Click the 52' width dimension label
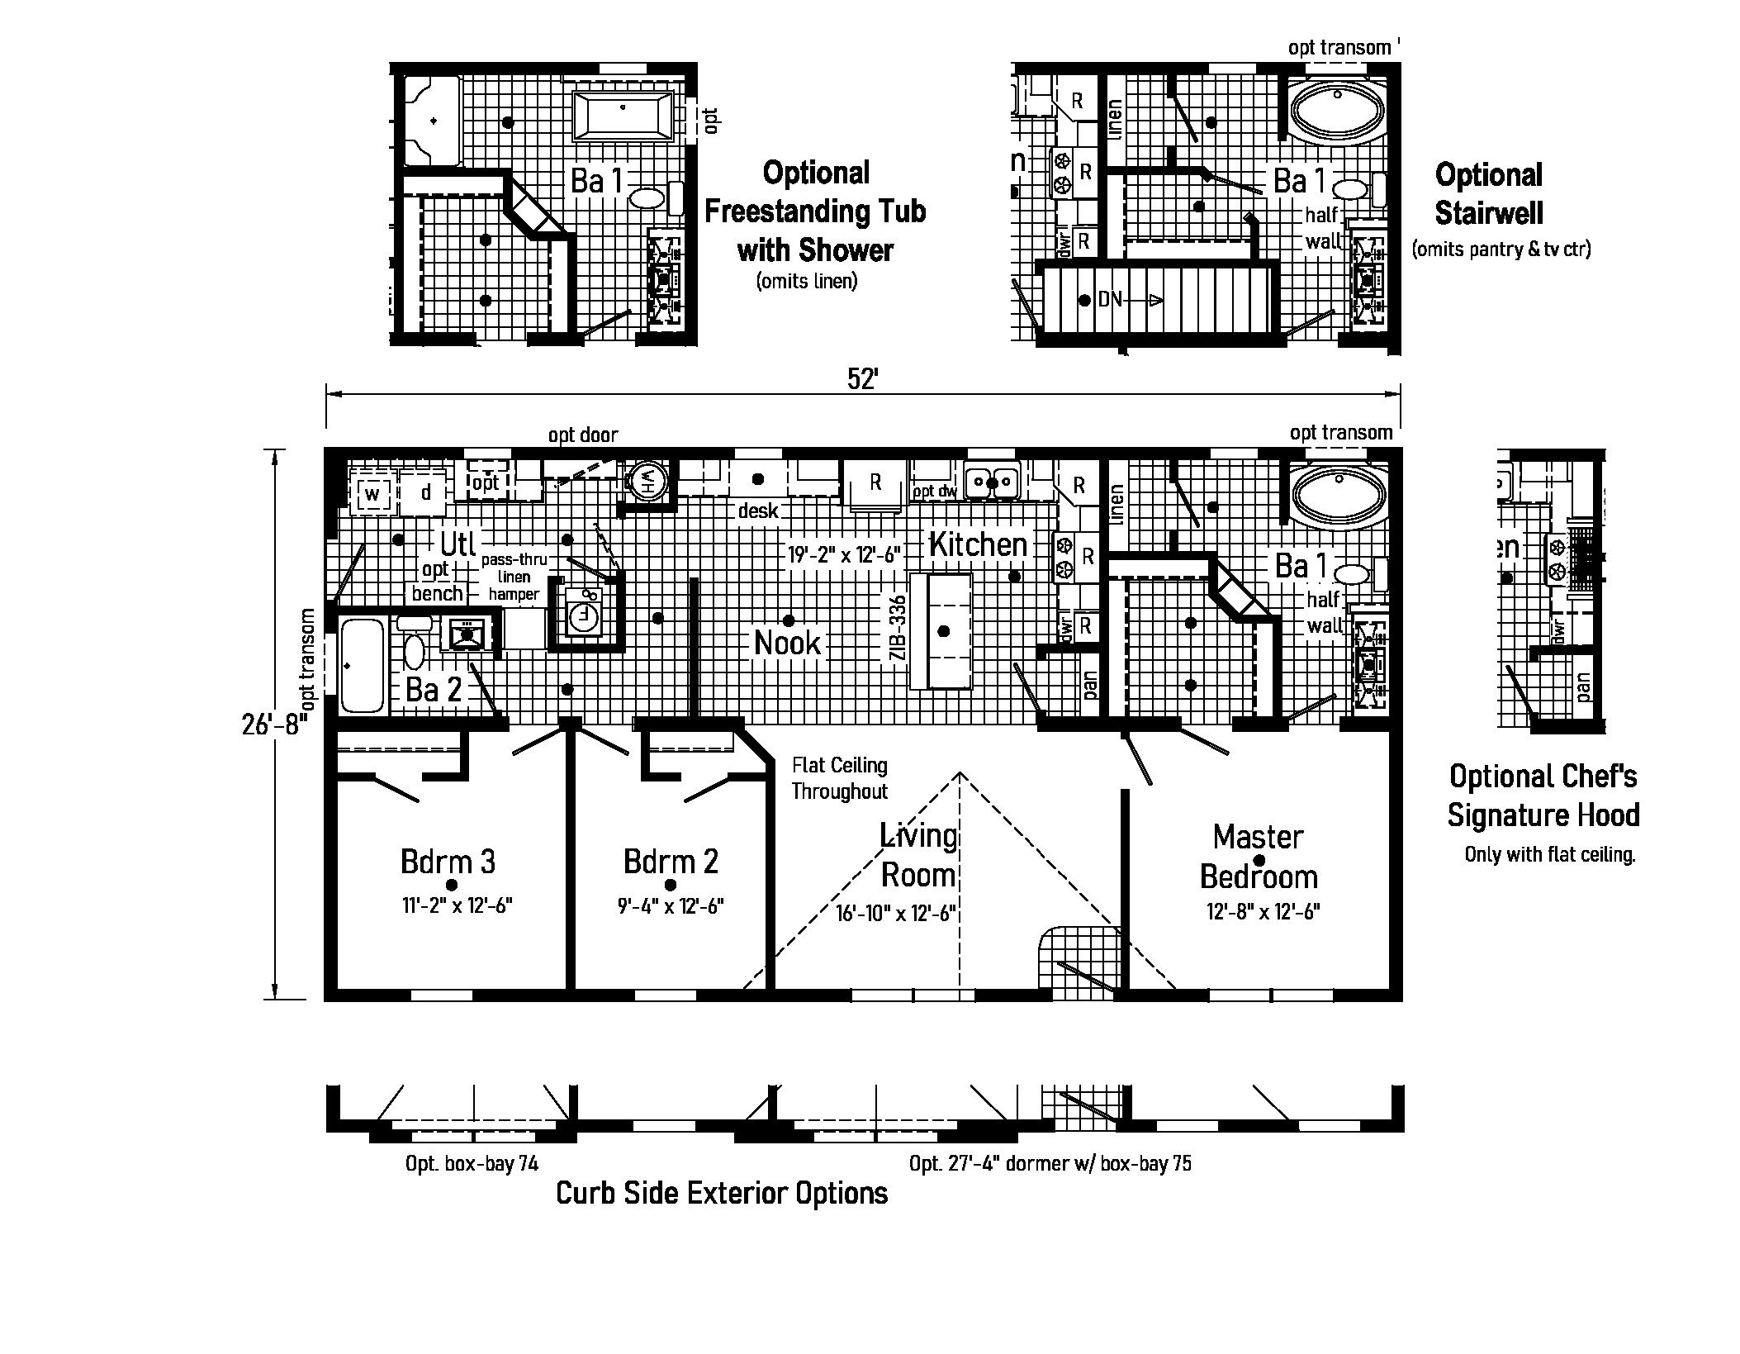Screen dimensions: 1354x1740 tap(862, 378)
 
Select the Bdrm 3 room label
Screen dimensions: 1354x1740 tap(448, 861)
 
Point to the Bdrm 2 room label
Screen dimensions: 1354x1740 tap(671, 861)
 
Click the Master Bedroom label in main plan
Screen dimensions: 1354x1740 tap(1258, 856)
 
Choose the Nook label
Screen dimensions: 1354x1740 tap(788, 643)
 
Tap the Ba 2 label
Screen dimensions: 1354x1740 tap(434, 689)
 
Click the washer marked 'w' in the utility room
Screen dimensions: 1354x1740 tap(372, 494)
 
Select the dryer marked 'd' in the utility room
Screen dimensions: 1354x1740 tap(425, 493)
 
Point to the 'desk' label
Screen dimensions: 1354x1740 tap(757, 511)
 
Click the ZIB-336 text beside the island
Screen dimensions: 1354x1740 tap(898, 629)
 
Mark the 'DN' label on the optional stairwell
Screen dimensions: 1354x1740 tap(1110, 299)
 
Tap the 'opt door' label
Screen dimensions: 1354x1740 tap(582, 435)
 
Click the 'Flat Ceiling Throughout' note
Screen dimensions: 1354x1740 tap(839, 778)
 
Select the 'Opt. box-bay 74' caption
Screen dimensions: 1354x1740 tap(472, 1163)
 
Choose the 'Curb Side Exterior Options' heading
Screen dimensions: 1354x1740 tap(721, 1193)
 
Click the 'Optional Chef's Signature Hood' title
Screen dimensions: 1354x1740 tap(1543, 795)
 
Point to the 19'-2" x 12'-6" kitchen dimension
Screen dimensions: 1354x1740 tap(842, 554)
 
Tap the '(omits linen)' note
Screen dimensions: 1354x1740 tap(806, 281)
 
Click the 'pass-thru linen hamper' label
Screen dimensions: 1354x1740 tap(514, 577)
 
